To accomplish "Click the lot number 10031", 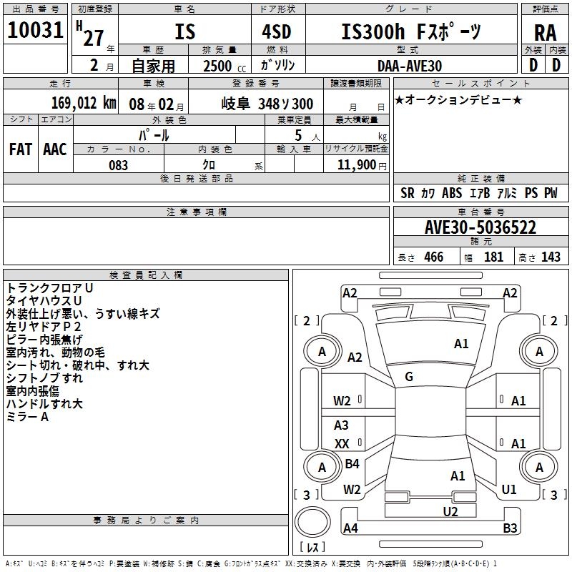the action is point(36,31).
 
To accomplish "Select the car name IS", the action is point(184,32).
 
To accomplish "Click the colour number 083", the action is point(119,165).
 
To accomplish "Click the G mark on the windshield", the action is point(409,377).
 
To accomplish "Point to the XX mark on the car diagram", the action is point(342,444).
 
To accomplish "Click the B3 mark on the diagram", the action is point(510,528).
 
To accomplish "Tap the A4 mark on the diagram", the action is point(350,528).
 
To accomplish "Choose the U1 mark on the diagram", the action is point(509,489).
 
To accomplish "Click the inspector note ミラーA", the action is point(27,417).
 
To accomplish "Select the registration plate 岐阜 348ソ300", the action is point(267,104).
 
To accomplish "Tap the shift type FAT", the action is point(20,149).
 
